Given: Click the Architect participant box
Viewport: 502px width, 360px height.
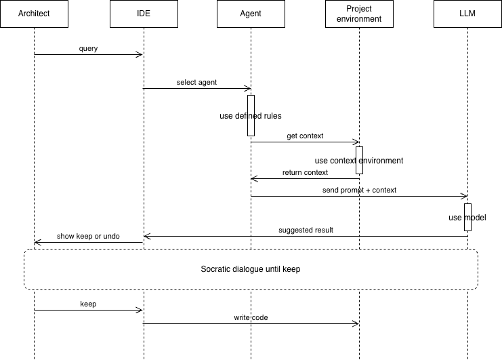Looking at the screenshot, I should click(x=34, y=14).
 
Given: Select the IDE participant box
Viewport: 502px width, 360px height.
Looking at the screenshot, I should click(x=142, y=14).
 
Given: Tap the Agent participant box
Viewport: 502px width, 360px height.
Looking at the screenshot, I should click(x=251, y=14).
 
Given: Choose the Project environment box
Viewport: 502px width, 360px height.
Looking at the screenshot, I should click(x=359, y=14).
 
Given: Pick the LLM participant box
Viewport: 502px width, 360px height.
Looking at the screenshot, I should click(x=467, y=14).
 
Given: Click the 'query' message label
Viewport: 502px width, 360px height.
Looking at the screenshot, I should click(x=88, y=48).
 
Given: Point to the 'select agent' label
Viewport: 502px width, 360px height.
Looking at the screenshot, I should click(x=196, y=82).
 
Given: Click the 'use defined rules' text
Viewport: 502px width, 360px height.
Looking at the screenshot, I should click(x=251, y=116).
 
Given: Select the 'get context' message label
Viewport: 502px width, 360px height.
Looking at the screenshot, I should click(x=305, y=136).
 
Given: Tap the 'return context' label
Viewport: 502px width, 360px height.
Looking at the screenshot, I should click(x=305, y=172).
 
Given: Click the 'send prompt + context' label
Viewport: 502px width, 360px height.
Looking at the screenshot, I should click(x=359, y=190).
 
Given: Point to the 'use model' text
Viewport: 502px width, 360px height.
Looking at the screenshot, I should click(x=467, y=218).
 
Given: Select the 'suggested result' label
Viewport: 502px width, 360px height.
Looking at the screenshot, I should click(x=306, y=230).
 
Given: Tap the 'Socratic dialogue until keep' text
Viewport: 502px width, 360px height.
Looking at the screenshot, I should click(x=251, y=269).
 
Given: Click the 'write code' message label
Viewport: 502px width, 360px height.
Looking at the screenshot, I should click(x=251, y=317).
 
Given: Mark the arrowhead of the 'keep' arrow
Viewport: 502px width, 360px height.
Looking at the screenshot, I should click(x=140, y=311).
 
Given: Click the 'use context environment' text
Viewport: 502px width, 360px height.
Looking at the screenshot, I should click(x=359, y=161).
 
